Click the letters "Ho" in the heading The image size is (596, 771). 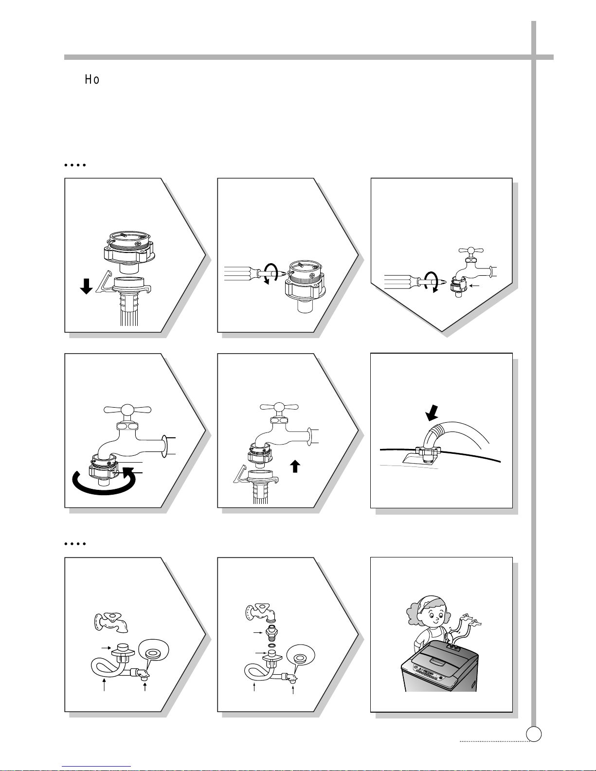(92, 79)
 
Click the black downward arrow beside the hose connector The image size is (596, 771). (86, 287)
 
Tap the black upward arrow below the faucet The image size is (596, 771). (295, 466)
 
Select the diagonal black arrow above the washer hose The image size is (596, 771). (432, 413)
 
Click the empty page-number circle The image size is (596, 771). (534, 734)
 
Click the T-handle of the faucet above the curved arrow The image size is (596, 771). (127, 410)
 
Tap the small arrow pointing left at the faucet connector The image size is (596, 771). (474, 285)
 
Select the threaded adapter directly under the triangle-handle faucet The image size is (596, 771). (271, 632)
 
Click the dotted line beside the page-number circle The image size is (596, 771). (494, 741)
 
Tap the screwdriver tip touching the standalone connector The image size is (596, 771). (282, 274)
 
